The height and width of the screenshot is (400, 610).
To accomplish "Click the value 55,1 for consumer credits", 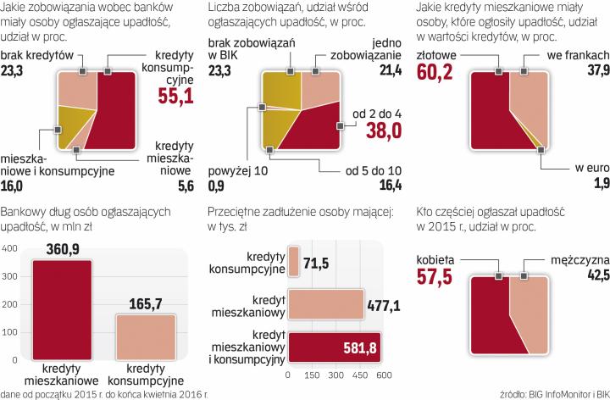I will [x=176, y=97].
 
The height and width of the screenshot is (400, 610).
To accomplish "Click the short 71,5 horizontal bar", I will [x=293, y=263].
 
